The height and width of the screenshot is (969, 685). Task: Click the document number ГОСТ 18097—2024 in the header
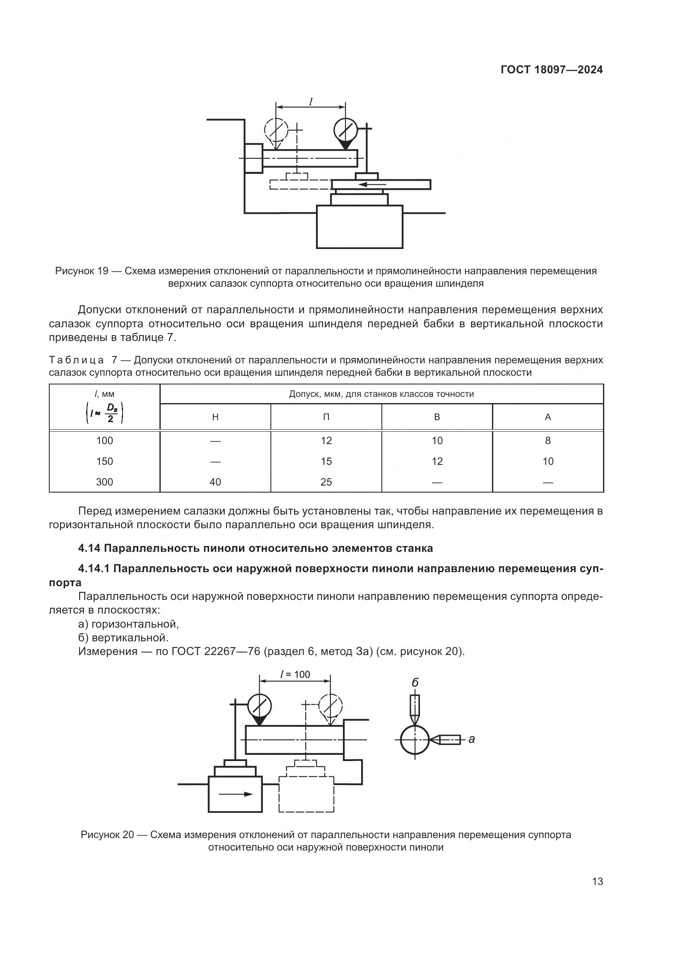552,70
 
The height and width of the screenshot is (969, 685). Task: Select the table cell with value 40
215,482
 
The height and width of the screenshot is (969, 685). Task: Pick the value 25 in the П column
326,482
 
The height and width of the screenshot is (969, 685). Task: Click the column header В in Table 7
437,417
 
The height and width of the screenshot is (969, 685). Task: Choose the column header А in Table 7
548,417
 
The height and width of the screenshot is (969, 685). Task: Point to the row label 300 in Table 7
105,482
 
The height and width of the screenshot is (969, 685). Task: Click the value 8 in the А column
548,441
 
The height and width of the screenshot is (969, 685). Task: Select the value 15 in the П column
326,461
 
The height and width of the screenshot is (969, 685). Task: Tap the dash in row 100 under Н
215,441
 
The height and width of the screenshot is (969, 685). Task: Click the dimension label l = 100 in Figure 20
295,674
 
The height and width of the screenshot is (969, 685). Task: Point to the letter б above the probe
415,682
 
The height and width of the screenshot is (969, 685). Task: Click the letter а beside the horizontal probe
472,739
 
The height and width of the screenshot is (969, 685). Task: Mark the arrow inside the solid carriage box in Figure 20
236,794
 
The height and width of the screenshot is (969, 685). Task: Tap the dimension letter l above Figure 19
311,101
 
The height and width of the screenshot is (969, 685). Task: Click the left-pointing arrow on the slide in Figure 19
371,184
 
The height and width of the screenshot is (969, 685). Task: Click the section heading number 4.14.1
94,568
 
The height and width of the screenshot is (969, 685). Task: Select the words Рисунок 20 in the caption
107,835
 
